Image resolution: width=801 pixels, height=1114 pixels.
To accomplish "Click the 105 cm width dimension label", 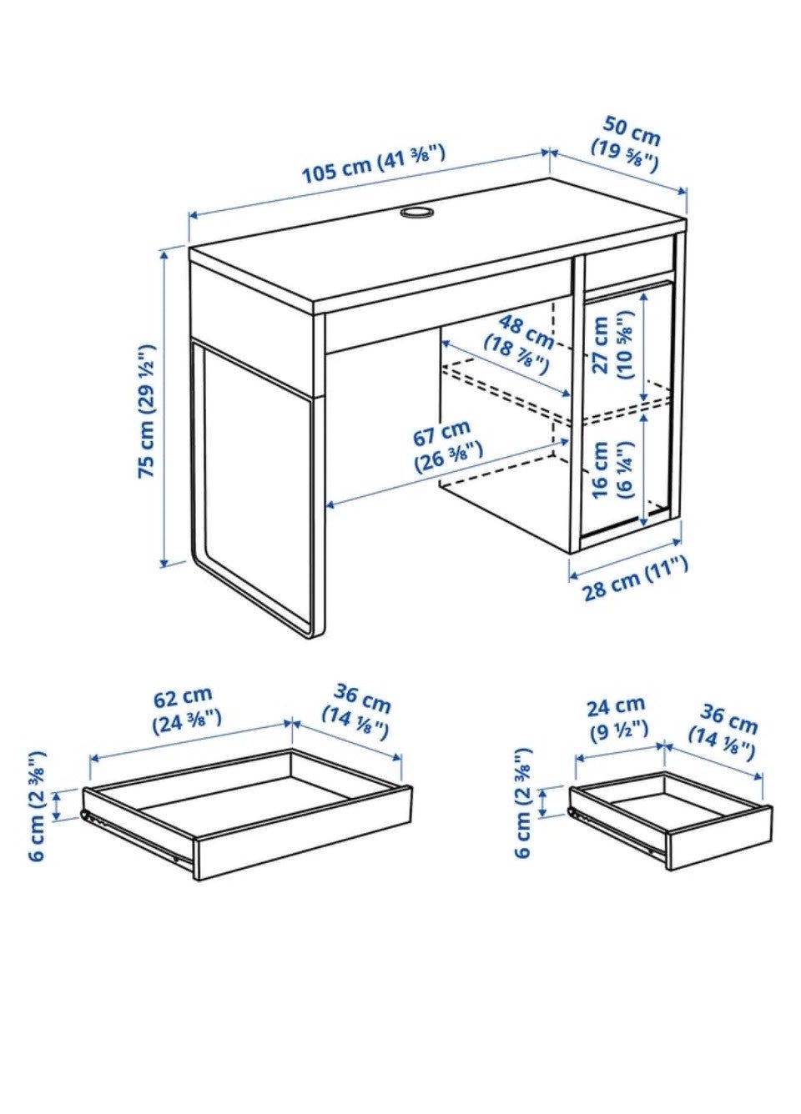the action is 373,165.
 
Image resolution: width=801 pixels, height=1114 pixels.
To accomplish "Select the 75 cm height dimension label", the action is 147,411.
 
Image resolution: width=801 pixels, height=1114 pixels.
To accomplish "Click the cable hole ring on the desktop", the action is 416,212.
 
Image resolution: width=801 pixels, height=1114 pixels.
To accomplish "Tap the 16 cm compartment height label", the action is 611,470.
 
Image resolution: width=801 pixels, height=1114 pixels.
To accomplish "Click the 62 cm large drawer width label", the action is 187,705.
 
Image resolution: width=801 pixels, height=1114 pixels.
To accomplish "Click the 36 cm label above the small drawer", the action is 723,733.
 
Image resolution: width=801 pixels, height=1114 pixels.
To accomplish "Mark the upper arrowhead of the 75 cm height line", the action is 164,254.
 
